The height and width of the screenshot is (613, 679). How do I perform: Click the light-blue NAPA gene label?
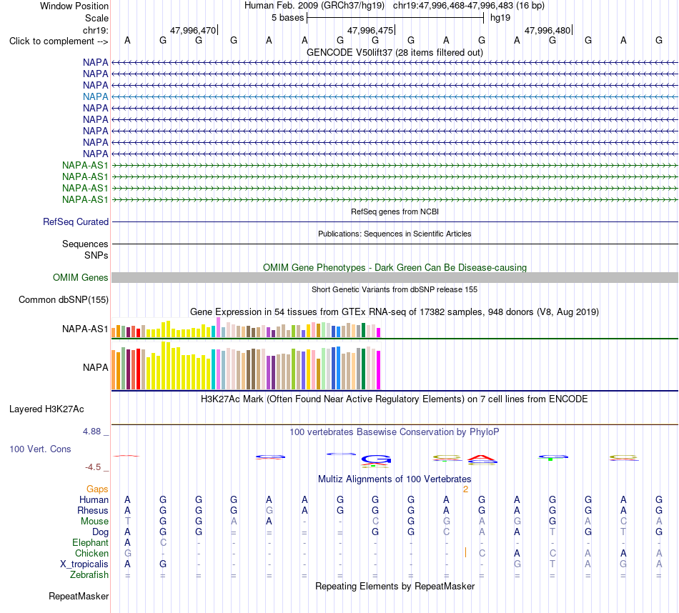point(95,96)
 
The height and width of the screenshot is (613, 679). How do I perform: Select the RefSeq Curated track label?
point(76,221)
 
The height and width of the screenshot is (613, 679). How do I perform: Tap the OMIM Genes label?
point(81,277)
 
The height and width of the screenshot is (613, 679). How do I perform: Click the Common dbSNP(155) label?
point(64,299)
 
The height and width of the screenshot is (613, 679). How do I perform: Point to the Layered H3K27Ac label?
point(46,409)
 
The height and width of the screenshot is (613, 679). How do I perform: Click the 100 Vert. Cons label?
point(40,449)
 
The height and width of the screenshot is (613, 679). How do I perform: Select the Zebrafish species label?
point(89,574)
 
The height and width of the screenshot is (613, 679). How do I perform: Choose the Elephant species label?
point(91,542)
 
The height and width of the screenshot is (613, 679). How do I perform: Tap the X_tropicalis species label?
point(84,564)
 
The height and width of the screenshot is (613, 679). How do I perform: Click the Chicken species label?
point(91,553)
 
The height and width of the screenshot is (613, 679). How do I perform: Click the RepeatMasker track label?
point(79,596)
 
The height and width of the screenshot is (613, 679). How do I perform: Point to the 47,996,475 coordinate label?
point(370,30)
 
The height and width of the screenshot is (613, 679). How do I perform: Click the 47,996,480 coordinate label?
point(547,30)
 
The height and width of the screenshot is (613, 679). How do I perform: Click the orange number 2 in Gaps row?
point(465,489)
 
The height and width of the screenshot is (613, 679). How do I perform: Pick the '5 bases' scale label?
point(287,18)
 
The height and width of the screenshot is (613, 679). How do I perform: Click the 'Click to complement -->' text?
point(59,41)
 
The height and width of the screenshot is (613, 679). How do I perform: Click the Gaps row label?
point(97,489)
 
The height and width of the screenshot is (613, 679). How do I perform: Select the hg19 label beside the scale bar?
point(500,18)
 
